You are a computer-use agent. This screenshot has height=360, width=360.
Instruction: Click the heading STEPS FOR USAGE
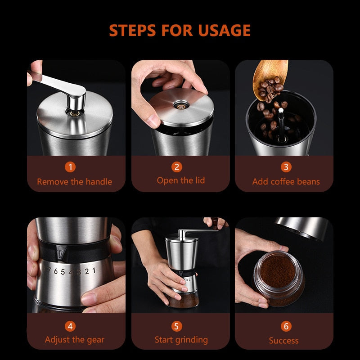pos(180,30)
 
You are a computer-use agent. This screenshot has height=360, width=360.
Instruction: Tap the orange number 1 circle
pos(70,167)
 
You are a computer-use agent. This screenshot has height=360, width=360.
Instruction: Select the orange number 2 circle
pos(177,167)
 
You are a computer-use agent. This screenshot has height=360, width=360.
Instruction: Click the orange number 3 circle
pos(286,167)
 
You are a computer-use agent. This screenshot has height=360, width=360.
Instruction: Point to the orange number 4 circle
pos(70,326)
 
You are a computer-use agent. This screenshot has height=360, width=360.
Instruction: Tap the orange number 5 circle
pos(177,326)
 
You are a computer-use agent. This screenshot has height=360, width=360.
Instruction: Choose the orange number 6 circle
pos(286,326)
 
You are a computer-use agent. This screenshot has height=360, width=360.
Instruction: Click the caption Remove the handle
pos(75,182)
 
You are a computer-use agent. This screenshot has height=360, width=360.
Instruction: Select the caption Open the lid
pos(180,180)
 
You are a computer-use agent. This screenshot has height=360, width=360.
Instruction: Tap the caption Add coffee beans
pos(286,182)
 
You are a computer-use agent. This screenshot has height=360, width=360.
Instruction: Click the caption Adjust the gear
pos(75,340)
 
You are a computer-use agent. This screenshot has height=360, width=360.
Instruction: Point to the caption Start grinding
pos(181,340)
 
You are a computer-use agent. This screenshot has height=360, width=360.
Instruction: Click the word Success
pos(283,341)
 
